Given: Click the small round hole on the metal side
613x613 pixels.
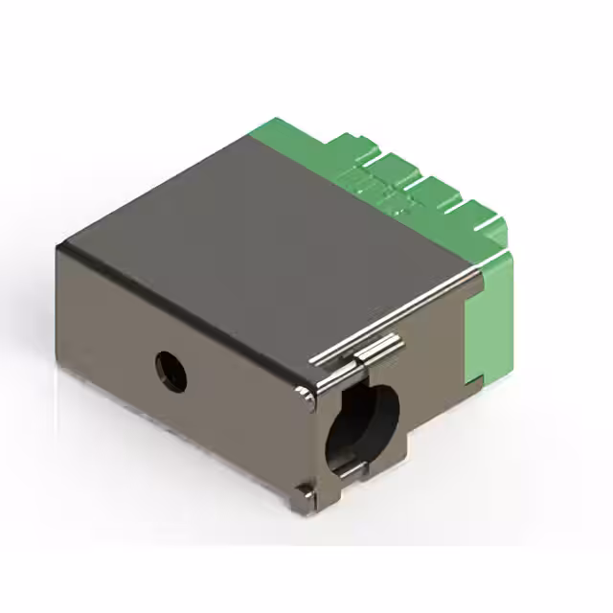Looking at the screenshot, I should point(171,370).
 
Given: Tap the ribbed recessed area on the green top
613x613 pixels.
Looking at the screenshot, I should point(383,192).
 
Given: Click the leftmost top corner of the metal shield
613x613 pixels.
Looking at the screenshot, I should point(59,247).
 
